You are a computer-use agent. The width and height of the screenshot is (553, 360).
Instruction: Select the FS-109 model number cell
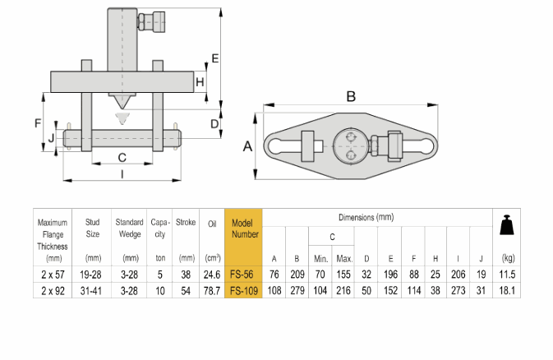[242, 289]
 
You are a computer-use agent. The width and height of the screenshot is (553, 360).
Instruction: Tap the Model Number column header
[242, 228]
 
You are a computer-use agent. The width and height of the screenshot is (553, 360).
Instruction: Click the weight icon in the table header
[508, 225]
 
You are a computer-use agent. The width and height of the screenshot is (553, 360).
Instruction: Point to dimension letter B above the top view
[351, 96]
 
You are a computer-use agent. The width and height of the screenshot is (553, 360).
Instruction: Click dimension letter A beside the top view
[247, 146]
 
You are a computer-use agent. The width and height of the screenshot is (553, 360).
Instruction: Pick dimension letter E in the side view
[214, 58]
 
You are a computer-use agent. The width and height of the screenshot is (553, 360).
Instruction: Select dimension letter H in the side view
[200, 81]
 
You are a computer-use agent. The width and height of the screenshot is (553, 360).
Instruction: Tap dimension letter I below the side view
[122, 173]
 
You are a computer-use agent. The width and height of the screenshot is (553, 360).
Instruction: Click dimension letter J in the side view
[51, 138]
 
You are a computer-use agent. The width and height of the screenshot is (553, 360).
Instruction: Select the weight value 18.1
[508, 289]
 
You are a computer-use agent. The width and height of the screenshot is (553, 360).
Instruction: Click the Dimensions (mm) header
[366, 217]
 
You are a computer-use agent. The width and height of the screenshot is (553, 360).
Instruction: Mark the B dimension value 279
[297, 289]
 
